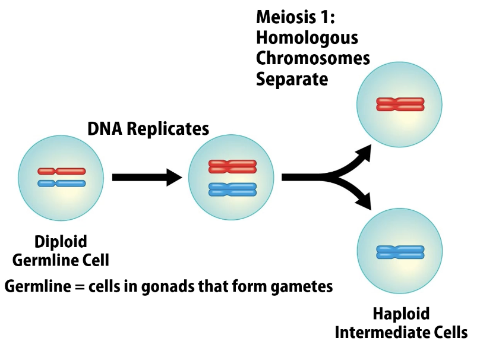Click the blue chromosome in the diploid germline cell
(61, 184)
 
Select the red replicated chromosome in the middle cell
(232, 166)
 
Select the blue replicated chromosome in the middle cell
(232, 190)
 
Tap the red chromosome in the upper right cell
(400, 105)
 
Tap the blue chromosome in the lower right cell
(400, 252)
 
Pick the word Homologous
(307, 38)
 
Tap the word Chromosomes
(313, 58)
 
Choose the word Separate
(292, 78)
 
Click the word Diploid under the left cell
(61, 242)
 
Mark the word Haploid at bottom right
(401, 314)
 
